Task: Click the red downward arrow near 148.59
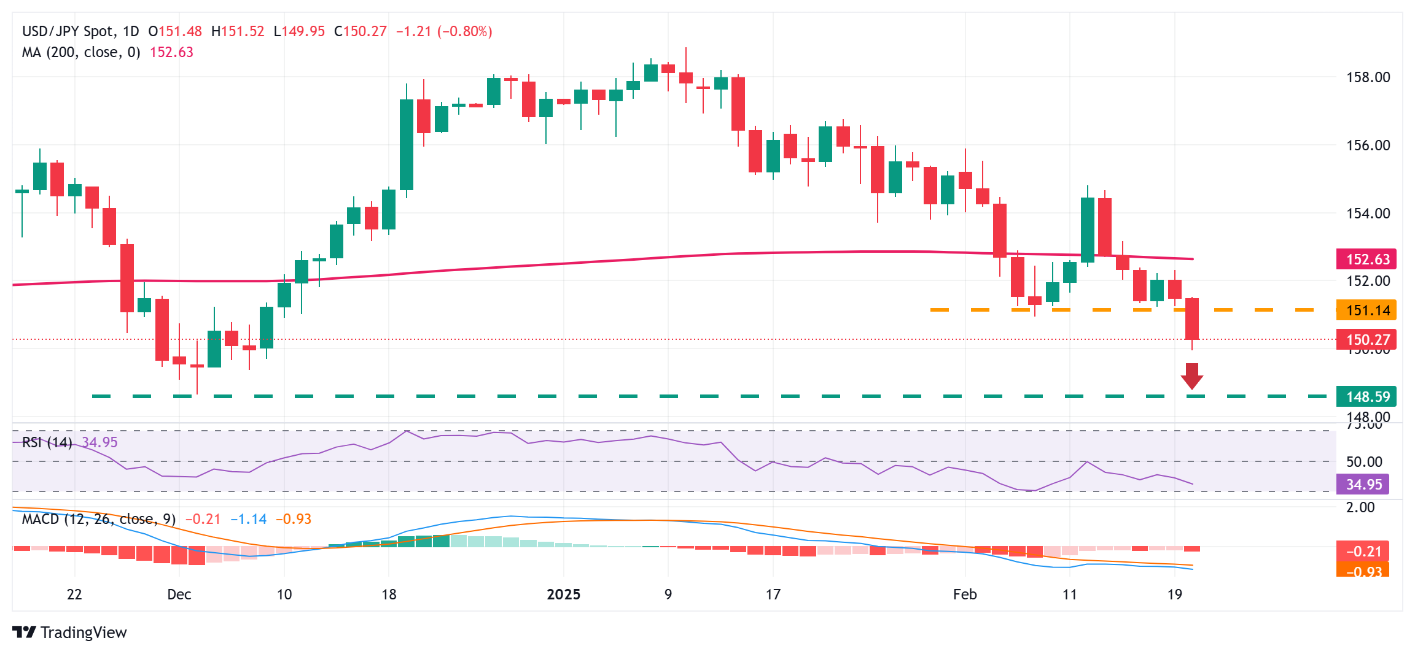point(1191,376)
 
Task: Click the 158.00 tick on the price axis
point(1368,77)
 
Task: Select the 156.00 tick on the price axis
point(1368,145)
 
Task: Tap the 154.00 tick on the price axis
point(1368,214)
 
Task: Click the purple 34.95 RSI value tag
point(1363,485)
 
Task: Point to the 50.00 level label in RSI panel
point(1364,462)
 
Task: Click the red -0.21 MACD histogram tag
point(1363,552)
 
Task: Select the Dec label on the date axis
point(179,594)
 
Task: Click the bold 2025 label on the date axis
point(563,594)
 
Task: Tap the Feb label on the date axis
point(964,594)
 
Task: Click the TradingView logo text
point(83,633)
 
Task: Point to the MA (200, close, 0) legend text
point(81,52)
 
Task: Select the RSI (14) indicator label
point(47,442)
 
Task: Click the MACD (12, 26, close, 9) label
point(99,519)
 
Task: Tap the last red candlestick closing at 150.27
point(1191,319)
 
